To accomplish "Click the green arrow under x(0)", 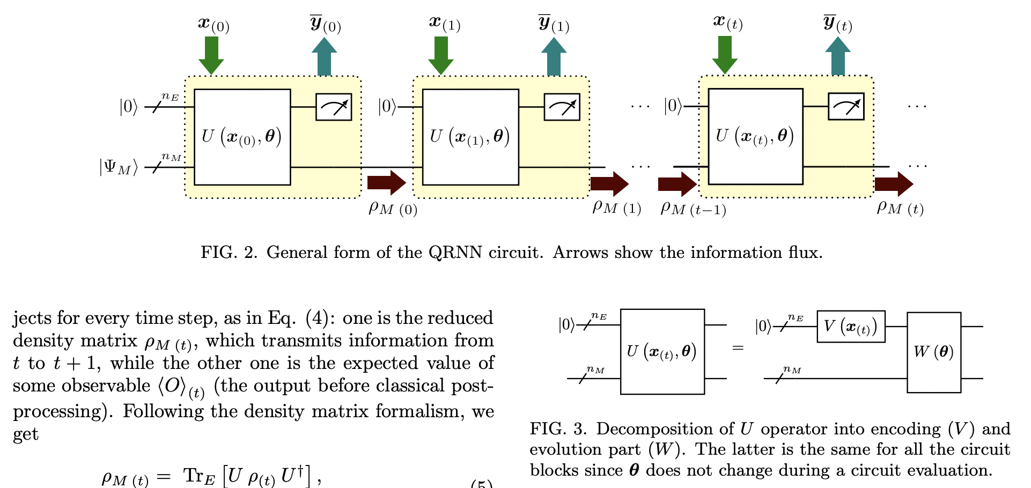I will coord(211,55).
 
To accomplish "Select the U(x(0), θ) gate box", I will coord(242,137).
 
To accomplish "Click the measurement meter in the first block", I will coord(333,107).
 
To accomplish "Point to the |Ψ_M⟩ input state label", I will coord(119,167).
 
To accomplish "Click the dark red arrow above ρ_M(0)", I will coord(386,183).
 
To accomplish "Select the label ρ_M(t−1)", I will coord(693,208).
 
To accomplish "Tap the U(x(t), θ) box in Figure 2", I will coord(755,136).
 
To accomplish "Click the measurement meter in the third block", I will coord(845,106).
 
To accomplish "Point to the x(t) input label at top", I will coord(728,23).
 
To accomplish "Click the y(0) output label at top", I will coord(325,24).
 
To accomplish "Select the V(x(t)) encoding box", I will coord(851,326).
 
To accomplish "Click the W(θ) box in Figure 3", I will coord(933,352).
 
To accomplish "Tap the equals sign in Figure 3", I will coord(738,349).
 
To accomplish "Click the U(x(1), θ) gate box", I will coord(470,137).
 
